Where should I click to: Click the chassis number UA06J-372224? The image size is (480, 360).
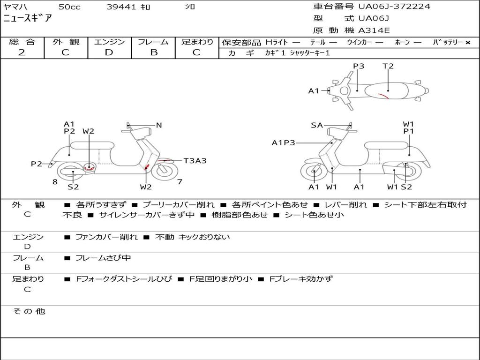point(394,7)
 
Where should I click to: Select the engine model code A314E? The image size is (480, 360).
point(374,30)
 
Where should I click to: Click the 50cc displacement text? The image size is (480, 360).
point(68,7)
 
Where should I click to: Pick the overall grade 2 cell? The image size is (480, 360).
point(22,52)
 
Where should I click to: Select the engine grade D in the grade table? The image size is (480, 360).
point(109,52)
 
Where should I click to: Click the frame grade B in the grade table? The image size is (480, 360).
point(153,52)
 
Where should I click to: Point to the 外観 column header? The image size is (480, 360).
point(66,42)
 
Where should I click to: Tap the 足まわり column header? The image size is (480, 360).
point(197,42)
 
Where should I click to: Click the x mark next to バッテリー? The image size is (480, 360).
point(468,43)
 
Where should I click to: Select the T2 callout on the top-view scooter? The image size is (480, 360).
point(388,66)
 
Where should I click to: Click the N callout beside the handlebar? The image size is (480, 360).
point(159,125)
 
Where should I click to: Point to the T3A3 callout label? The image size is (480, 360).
point(195,161)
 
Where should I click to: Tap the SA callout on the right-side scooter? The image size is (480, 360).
point(317,125)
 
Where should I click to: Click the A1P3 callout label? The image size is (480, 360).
point(283,142)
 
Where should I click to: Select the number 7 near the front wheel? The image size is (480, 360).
point(180,182)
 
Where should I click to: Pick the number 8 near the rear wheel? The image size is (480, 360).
point(55,182)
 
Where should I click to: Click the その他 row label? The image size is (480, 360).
point(29,311)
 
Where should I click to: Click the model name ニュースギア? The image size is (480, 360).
point(28,19)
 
